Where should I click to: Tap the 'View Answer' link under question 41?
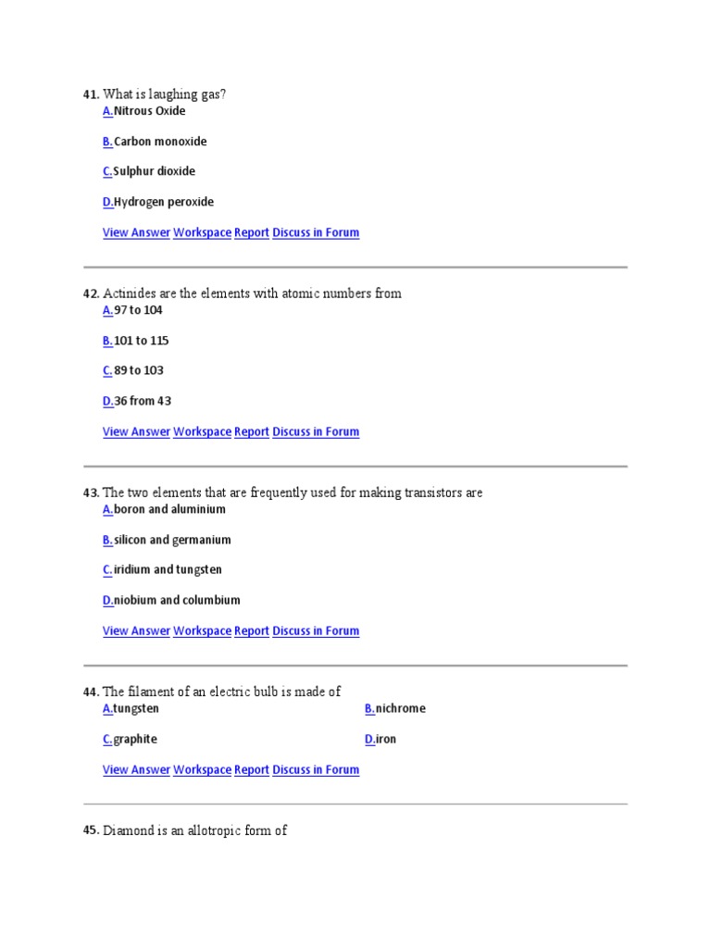click(x=136, y=232)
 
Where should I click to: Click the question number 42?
click(x=91, y=293)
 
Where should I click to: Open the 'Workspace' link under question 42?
click(x=202, y=431)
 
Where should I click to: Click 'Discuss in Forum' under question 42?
click(x=316, y=431)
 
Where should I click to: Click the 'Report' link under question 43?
click(x=252, y=630)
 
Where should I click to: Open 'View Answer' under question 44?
click(x=136, y=769)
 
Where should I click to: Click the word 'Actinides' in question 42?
click(x=129, y=293)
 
